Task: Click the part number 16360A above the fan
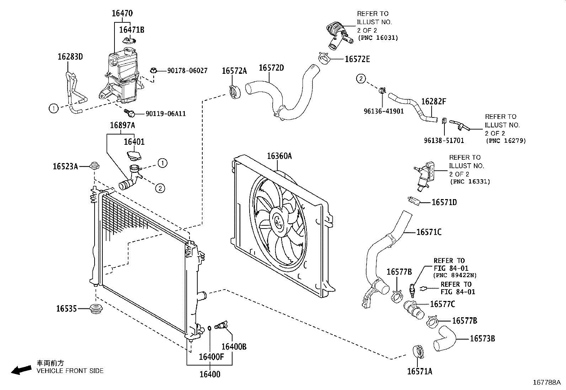279,156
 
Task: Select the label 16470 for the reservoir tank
122,13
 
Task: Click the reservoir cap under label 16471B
129,41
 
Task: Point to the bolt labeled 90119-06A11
130,113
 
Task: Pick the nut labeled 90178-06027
154,70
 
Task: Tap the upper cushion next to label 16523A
94,165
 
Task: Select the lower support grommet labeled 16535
95,309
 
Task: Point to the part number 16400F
211,357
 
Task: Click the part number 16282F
433,102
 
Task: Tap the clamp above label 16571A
419,351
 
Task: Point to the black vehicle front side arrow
21,370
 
